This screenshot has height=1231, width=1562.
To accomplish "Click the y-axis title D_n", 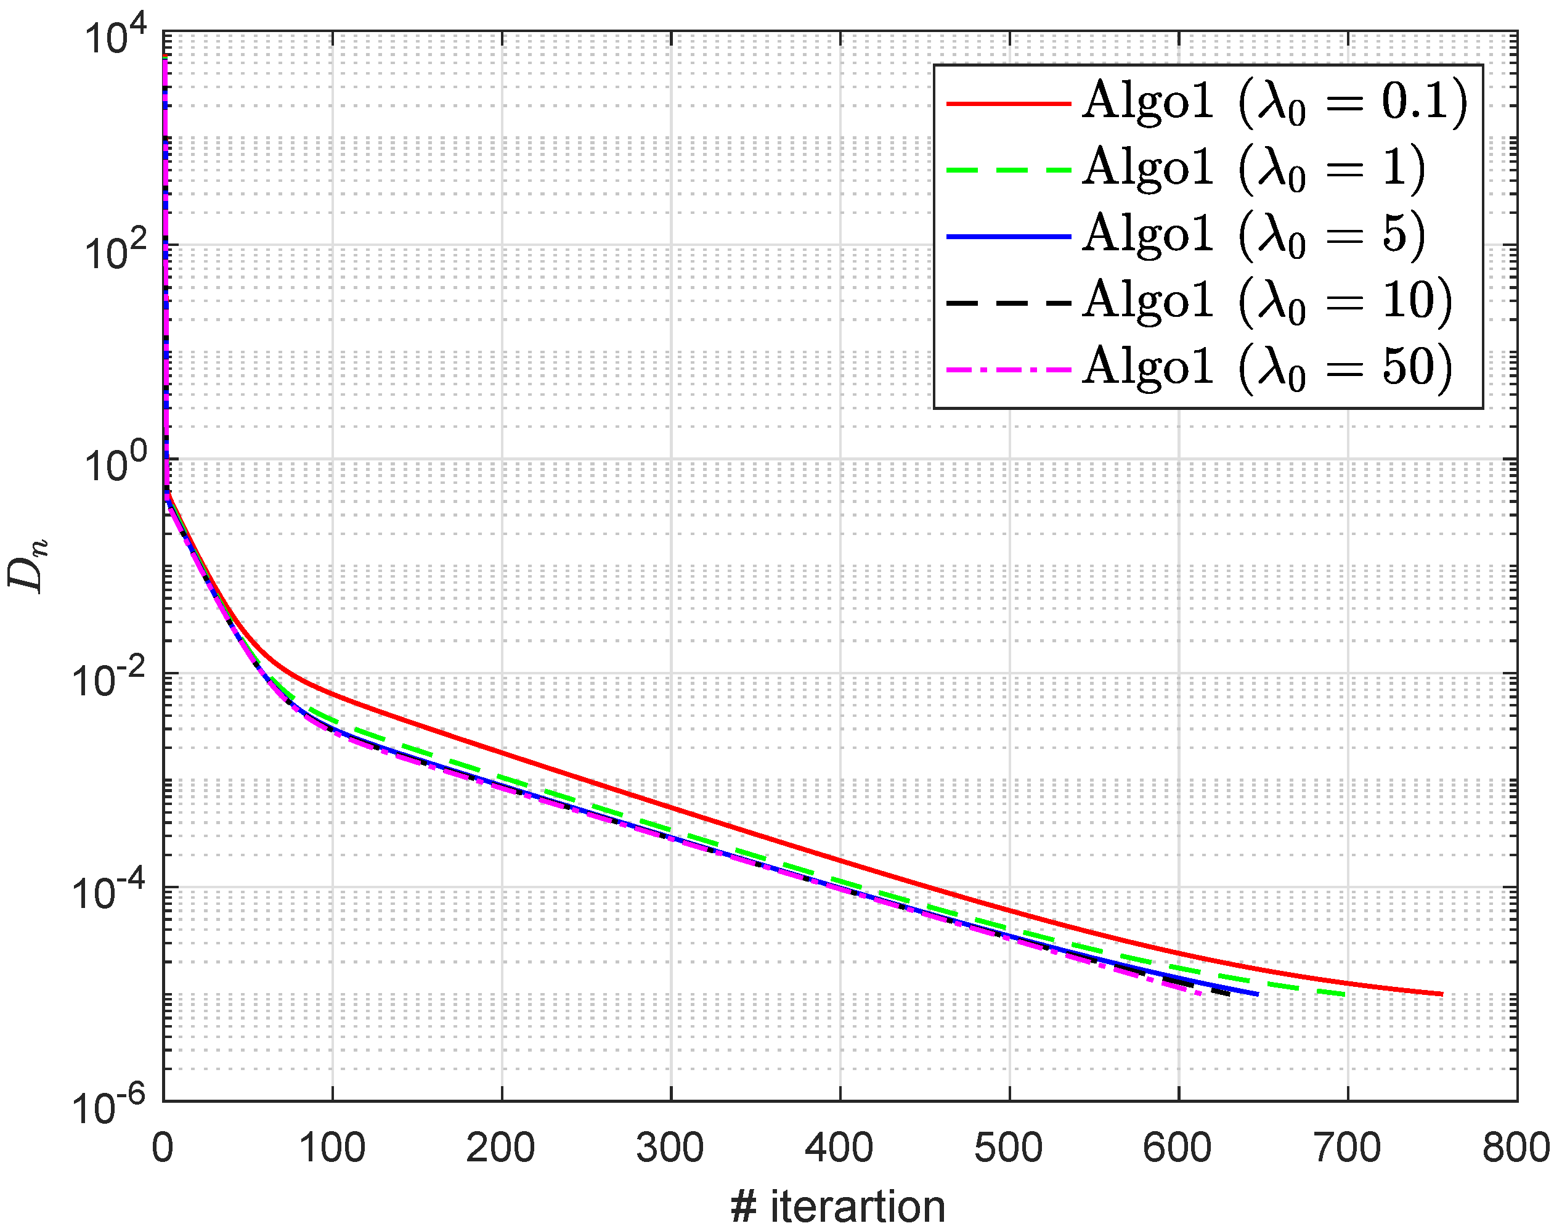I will pyautogui.click(x=27, y=566).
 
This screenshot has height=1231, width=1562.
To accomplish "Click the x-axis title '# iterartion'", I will pyautogui.click(x=838, y=1206).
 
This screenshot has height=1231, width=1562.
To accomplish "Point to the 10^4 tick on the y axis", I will pyautogui.click(x=115, y=38).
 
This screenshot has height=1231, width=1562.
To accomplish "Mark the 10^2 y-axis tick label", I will pyautogui.click(x=115, y=252).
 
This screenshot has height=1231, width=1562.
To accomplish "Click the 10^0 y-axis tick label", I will pyautogui.click(x=115, y=465).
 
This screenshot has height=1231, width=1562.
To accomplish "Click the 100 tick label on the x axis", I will pyautogui.click(x=332, y=1147).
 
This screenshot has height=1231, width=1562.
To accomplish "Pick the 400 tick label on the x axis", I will pyautogui.click(x=839, y=1147).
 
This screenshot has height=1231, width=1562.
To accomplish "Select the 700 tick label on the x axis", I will pyautogui.click(x=1348, y=1147).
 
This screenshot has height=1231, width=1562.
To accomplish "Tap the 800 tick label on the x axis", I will pyautogui.click(x=1516, y=1147).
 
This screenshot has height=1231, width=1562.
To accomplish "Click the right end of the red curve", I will pyautogui.click(x=1442, y=994).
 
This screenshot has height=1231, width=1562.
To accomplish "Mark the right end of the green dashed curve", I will pyautogui.click(x=1344, y=995).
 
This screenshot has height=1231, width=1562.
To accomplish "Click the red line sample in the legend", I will pyautogui.click(x=1009, y=104).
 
